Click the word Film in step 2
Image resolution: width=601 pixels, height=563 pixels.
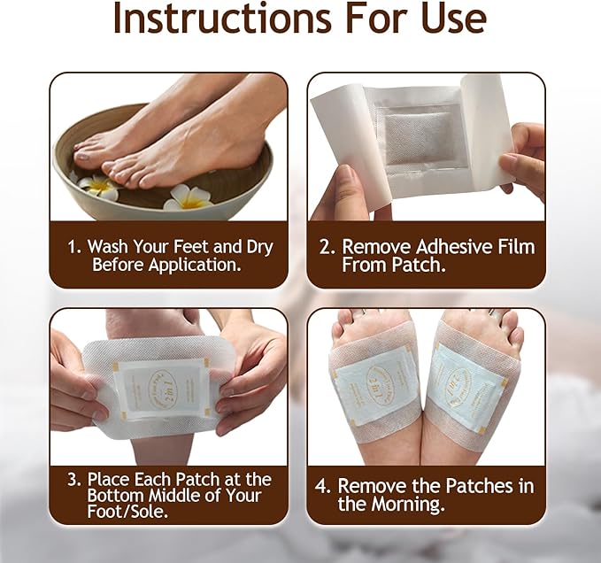510,247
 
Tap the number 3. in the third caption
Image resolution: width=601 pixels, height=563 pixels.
75,479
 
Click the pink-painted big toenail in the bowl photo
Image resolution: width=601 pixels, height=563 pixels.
84,156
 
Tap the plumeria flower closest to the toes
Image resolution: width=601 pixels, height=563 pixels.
99,185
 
